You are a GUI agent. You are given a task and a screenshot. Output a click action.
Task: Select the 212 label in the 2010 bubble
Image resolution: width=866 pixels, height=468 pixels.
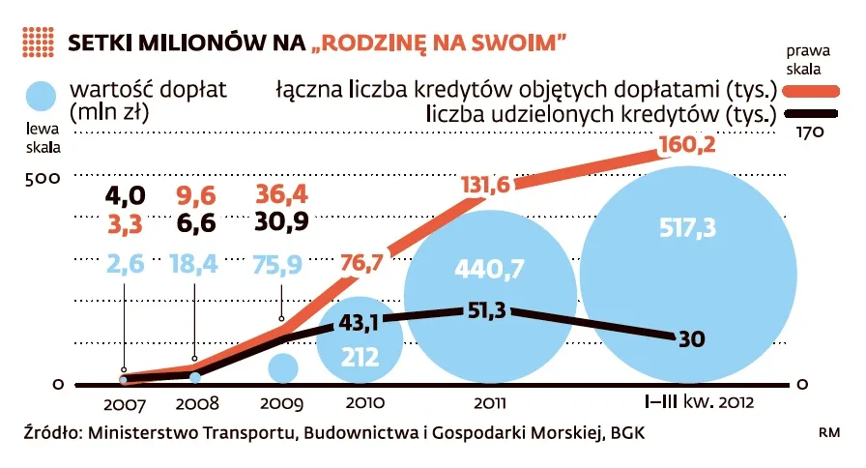pos(360,358)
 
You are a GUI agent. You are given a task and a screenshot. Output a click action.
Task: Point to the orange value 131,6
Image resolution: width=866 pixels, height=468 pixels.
pos(485,186)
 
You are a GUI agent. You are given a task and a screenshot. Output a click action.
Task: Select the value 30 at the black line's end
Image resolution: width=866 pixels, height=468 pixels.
pos(692,338)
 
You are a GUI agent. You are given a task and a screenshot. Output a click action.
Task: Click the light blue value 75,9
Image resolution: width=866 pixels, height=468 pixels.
pos(282,264)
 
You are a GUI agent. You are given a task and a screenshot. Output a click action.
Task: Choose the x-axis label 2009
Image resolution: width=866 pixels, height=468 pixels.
pos(281,403)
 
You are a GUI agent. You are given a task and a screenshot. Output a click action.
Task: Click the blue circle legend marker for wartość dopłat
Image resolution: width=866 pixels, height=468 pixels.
pos(43,100)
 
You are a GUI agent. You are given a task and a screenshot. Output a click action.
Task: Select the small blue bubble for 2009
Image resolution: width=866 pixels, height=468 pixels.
pos(283,367)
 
